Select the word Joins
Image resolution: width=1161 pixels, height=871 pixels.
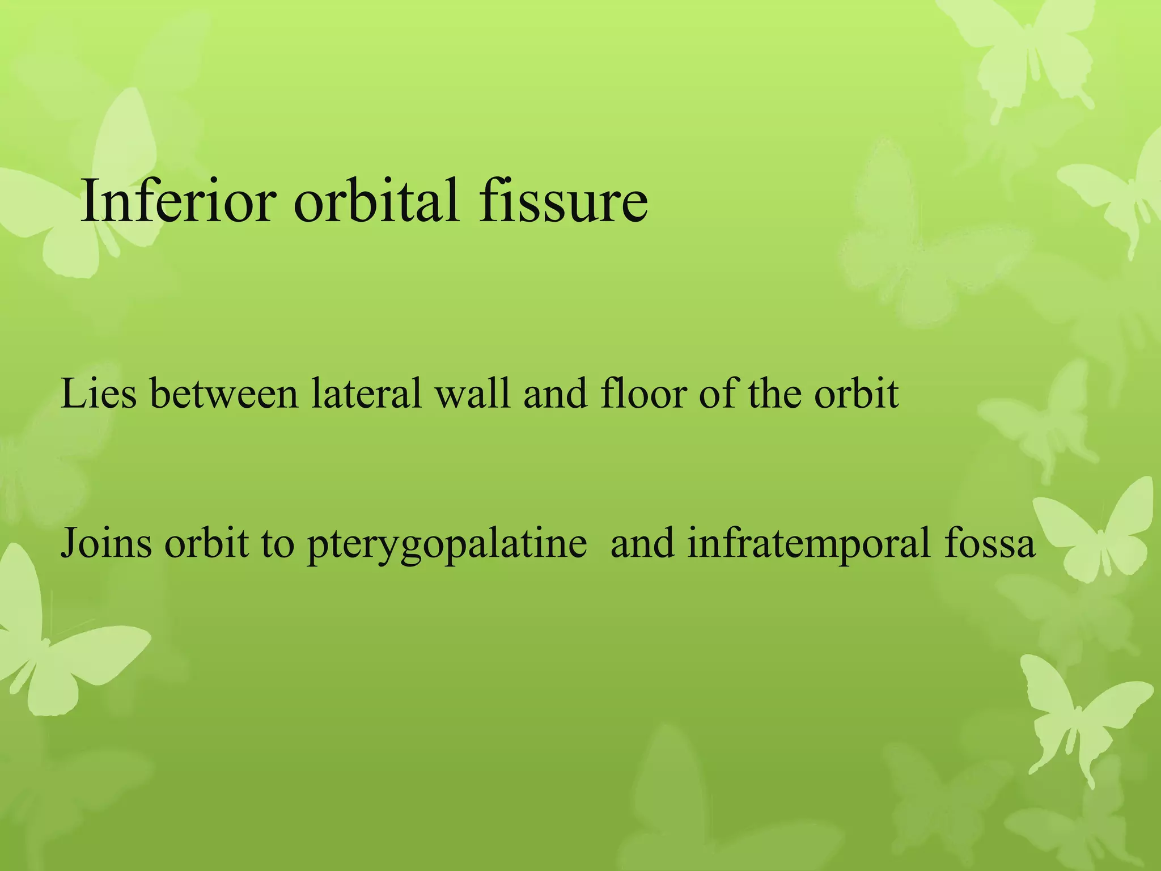click(x=106, y=543)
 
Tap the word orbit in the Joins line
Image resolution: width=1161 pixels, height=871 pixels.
click(x=206, y=543)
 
